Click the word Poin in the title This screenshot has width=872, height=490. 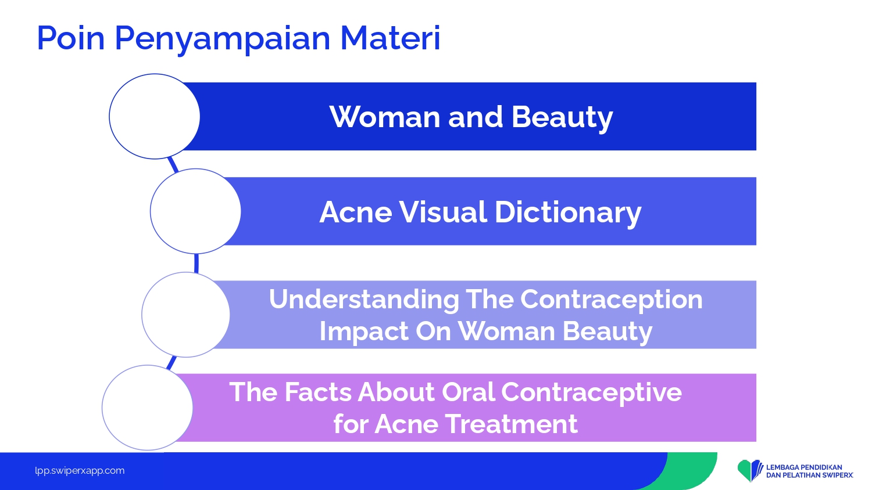point(71,38)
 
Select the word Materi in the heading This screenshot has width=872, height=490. point(390,38)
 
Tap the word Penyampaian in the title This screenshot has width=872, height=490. point(223,40)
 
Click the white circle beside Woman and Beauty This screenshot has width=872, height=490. point(155,116)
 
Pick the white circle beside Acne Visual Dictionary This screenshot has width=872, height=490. point(195,211)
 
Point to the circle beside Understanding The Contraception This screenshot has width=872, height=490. point(185,315)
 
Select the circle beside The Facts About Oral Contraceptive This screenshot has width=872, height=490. point(148,408)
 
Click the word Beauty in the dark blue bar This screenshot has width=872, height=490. point(562,117)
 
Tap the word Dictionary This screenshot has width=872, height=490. point(567,213)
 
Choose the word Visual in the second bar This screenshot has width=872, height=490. point(442,212)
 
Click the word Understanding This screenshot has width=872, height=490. point(364,300)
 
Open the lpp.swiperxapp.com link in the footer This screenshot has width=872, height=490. point(80,471)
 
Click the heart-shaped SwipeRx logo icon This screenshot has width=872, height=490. point(750,470)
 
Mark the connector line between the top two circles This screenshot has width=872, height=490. point(173,165)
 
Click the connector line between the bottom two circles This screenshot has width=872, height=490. point(171,363)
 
